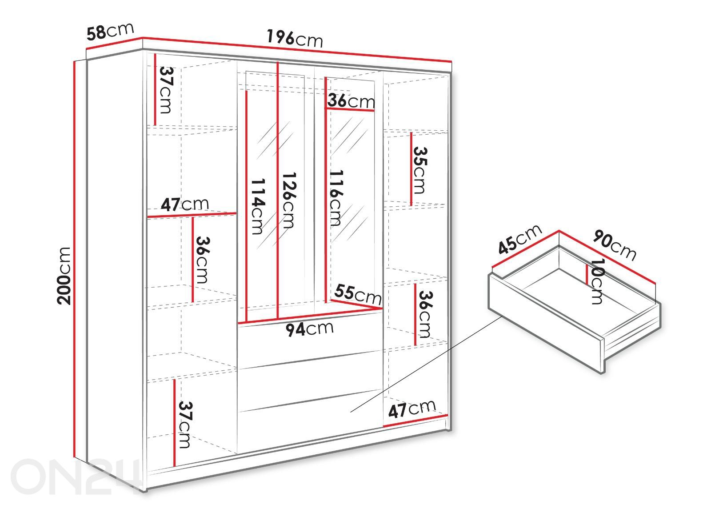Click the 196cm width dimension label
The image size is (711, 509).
pyautogui.click(x=295, y=38)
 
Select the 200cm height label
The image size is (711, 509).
pyautogui.click(x=64, y=276)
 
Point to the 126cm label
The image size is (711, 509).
pyautogui.click(x=289, y=200)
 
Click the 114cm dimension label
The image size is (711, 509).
pyautogui.click(x=258, y=206)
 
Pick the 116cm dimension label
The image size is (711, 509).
pyautogui.click(x=336, y=198)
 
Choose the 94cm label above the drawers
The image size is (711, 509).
pyautogui.click(x=309, y=329)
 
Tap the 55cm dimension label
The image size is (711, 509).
pyautogui.click(x=358, y=294)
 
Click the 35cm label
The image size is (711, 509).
pyautogui.click(x=420, y=170)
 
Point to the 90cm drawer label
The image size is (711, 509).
pyautogui.click(x=615, y=245)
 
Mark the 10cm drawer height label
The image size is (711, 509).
pyautogui.click(x=597, y=281)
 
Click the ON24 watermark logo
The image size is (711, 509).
pyautogui.click(x=76, y=477)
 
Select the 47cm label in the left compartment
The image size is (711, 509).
pyautogui.click(x=185, y=204)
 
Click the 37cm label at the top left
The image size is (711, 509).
pyautogui.click(x=166, y=90)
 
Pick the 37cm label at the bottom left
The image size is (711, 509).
pyautogui.click(x=185, y=425)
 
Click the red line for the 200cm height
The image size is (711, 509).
pyautogui.click(x=75, y=259)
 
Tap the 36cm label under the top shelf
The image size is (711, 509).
pyautogui.click(x=351, y=100)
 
